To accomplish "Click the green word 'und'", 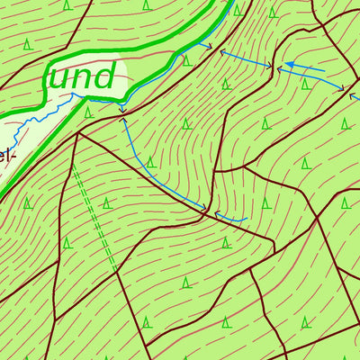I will point(81,76).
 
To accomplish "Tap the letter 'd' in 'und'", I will point(103,75).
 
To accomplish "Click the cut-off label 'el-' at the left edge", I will point(6,155).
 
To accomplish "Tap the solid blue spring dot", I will point(290,65).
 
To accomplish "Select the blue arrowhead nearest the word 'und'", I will point(122,110).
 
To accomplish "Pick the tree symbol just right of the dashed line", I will point(106,202).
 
